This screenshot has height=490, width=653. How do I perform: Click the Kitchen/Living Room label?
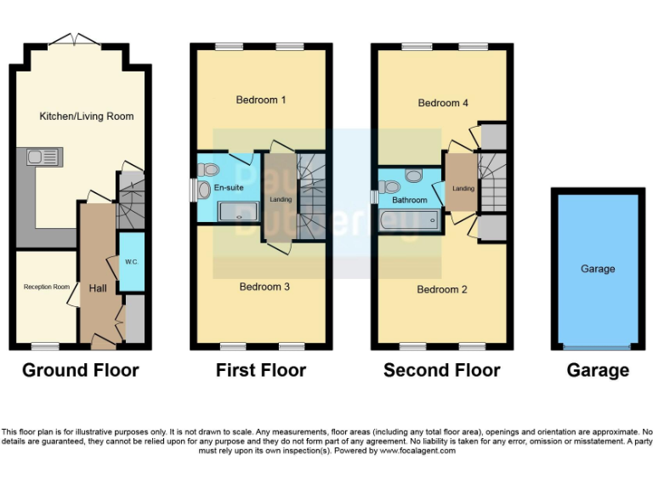tap(86, 116)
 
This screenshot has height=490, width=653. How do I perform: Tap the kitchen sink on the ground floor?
tap(39, 157)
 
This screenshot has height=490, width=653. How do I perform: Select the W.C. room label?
tap(132, 261)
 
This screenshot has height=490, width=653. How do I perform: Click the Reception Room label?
tap(46, 287)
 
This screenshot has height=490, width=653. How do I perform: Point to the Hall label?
tap(97, 289)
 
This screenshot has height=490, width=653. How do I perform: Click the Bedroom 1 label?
tap(260, 100)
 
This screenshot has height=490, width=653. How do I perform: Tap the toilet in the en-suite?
tap(205, 190)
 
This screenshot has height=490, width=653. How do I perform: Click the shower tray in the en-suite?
tap(239, 211)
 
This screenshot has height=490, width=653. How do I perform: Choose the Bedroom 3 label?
tap(264, 287)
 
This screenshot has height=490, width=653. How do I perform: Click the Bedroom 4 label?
tap(443, 103)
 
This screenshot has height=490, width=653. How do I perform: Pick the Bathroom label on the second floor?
tap(409, 201)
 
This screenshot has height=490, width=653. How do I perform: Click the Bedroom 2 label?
tap(441, 289)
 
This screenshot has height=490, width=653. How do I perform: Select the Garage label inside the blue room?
tap(598, 269)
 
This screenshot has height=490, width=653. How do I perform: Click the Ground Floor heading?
tap(80, 370)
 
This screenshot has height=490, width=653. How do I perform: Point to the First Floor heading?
tap(260, 370)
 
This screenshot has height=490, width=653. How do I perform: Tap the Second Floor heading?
tap(441, 370)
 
